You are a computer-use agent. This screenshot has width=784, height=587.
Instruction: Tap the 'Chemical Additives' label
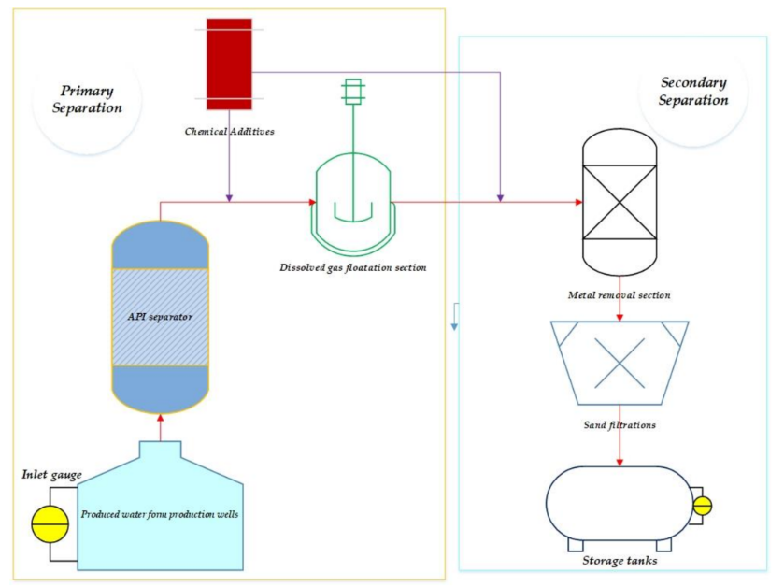coord(229,131)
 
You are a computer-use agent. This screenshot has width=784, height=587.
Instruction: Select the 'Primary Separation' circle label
coord(86,99)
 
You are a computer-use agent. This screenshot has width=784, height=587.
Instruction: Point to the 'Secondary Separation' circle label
coord(692,92)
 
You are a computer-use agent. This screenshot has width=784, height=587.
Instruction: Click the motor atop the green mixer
coord(352,91)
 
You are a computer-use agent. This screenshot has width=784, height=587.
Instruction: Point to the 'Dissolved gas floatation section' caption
coord(352,268)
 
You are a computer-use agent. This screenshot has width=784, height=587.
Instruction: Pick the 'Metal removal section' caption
coord(619,295)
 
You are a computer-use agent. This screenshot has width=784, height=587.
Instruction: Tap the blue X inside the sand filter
coord(620,363)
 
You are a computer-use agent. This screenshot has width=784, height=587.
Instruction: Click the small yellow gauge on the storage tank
coord(702,506)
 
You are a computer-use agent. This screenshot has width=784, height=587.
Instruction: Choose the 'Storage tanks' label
coord(620,561)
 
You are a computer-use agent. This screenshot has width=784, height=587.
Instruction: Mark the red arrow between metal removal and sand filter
coord(620,316)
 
